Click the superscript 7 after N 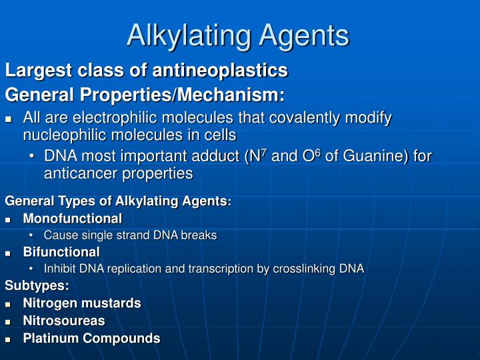(x=265, y=153)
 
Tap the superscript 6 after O (x=318, y=153)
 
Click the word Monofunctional (x=72, y=219)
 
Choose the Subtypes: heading (x=37, y=286)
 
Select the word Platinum (x=49, y=339)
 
